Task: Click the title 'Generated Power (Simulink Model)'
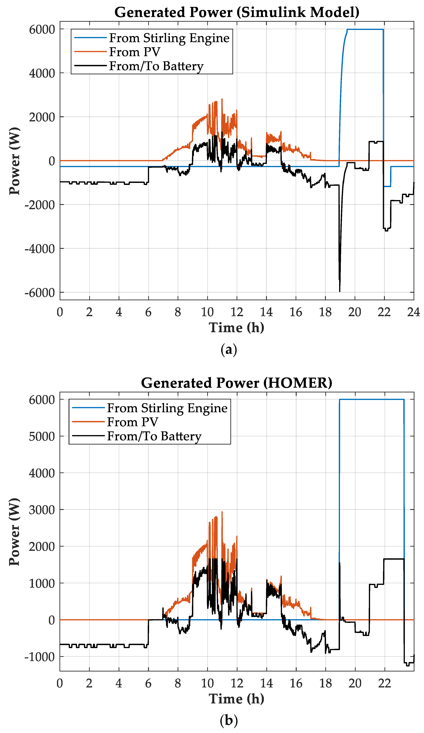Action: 237,12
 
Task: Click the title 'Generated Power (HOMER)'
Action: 237,383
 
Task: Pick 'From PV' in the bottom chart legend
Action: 133,422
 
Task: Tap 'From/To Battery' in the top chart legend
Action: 156,66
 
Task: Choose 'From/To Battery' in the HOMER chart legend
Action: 154,436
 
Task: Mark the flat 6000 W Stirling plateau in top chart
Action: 365,29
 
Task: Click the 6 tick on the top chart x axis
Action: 148,312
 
